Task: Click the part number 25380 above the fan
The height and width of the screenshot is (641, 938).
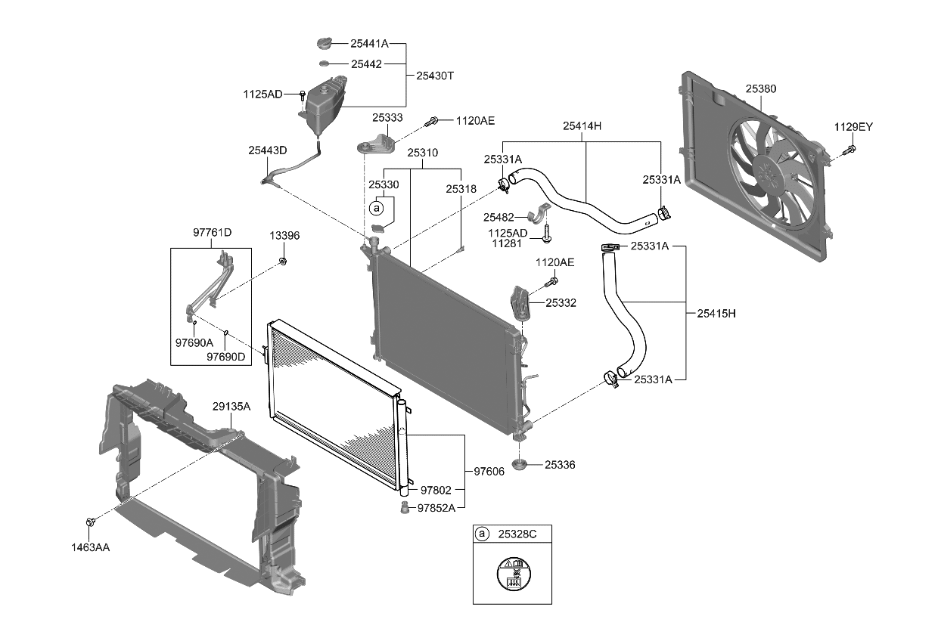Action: pyautogui.click(x=760, y=89)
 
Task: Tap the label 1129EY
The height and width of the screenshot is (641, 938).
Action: pyautogui.click(x=853, y=127)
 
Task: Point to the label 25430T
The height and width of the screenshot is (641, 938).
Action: pyautogui.click(x=435, y=76)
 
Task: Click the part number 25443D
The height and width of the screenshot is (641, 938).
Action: pyautogui.click(x=268, y=150)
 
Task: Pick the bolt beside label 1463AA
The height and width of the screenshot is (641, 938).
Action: pyautogui.click(x=91, y=522)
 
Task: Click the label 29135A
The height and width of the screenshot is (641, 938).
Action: pyautogui.click(x=231, y=407)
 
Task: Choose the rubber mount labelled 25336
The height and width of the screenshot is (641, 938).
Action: pyautogui.click(x=520, y=463)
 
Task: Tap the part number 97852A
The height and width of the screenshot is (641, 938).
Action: pyautogui.click(x=436, y=507)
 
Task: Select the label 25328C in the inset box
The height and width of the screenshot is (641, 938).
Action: pyautogui.click(x=517, y=534)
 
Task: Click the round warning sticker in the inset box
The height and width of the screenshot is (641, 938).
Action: pyautogui.click(x=512, y=574)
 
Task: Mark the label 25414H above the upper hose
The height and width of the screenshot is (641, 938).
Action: pyautogui.click(x=582, y=126)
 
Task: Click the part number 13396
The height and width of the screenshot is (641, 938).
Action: pyautogui.click(x=284, y=236)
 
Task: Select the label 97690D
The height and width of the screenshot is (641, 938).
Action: pyautogui.click(x=226, y=357)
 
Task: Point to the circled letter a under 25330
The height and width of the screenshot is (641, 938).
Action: pyautogui.click(x=376, y=206)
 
